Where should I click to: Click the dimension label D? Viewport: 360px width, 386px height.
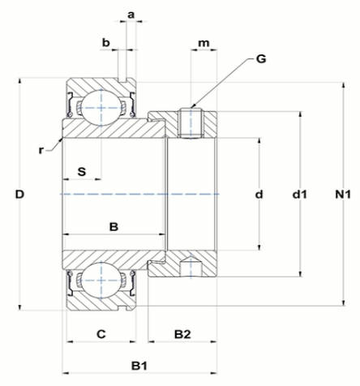coord(19,195)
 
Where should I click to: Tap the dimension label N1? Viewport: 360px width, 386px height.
coord(343,195)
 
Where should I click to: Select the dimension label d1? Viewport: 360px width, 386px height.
coord(300,195)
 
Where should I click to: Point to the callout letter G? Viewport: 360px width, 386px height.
coord(261,58)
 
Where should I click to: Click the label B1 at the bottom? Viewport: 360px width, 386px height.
coord(139,367)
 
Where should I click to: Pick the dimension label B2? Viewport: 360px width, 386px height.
coord(182,334)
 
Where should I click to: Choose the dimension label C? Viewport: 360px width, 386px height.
coord(101,334)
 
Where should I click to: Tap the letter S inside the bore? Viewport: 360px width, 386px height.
coord(82,172)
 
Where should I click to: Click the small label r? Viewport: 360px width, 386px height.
coord(41,150)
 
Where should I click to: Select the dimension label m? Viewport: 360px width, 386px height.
coord(204,43)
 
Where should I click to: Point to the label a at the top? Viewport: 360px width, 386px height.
coord(131,15)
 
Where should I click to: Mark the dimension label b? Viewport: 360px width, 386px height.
coord(106,42)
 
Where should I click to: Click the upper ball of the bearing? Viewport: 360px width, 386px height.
coord(101,108)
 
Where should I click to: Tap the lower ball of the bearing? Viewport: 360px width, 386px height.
coord(101,281)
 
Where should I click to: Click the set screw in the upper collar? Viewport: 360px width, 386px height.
coord(191,123)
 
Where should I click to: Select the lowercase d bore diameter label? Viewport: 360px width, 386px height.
coord(259,195)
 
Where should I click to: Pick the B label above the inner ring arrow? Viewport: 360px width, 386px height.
coord(114,227)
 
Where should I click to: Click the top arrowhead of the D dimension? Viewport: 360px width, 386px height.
coord(19,81)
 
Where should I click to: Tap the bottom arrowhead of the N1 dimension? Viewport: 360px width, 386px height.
coord(344,302)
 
